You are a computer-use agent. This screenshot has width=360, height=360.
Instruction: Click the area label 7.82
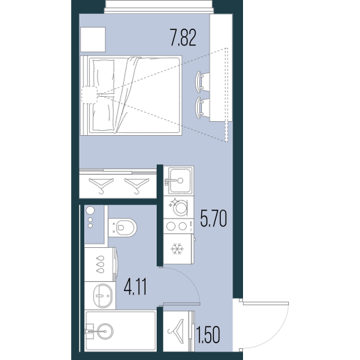click(183, 37)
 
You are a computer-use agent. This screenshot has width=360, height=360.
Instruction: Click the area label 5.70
click(214, 218)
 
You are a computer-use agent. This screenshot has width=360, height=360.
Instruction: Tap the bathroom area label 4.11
click(135, 287)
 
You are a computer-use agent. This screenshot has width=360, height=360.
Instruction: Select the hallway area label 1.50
click(208, 335)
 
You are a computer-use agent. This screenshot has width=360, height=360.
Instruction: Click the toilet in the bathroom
click(123, 227)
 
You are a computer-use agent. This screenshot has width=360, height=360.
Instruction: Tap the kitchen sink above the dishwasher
click(179, 180)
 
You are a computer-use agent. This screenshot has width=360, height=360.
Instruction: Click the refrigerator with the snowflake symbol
click(179, 249)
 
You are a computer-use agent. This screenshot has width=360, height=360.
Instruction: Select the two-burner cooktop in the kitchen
click(178, 226)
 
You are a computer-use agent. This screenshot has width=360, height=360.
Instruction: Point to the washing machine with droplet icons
click(101, 265)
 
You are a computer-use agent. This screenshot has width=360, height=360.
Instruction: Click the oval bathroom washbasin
click(102, 295)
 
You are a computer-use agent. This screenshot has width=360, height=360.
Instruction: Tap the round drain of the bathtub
click(106, 331)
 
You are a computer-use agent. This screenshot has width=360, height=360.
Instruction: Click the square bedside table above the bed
click(93, 39)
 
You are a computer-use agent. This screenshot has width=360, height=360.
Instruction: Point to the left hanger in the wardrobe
click(101, 185)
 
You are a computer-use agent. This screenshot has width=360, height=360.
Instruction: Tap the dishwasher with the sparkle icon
click(179, 207)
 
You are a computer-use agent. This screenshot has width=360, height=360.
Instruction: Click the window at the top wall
click(159, 6)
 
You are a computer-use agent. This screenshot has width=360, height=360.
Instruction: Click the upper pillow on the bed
click(103, 73)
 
